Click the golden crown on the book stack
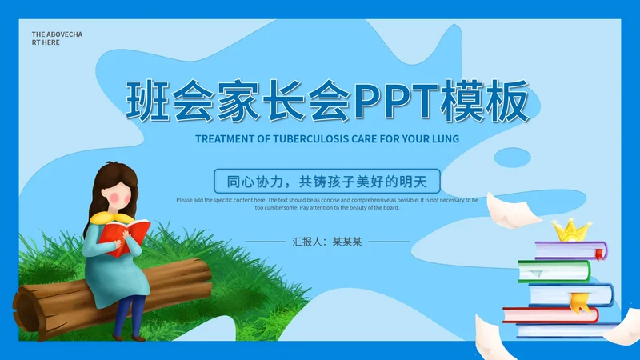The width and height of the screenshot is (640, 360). coord(571,230)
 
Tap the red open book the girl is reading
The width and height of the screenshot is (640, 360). coord(124,237)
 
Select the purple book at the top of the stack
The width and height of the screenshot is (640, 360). coord(570,250)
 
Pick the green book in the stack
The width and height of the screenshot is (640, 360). coord(554,271)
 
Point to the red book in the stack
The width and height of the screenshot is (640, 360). coord(550,315)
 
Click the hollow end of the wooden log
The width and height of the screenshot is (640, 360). coord(26,311)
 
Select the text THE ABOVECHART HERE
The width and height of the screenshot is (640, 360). coord(57,38)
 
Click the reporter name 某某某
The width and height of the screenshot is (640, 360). coord(347,242)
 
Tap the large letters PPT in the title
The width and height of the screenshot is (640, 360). coord(395,102)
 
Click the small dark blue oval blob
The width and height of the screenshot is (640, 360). coord(512,158)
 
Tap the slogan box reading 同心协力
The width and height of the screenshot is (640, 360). coord(327,182)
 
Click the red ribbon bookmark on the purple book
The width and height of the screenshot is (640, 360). coord(599,254)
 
